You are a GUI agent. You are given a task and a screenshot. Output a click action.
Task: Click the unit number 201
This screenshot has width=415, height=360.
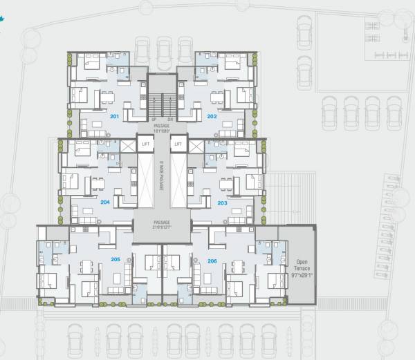pyautogui.click(x=114, y=117)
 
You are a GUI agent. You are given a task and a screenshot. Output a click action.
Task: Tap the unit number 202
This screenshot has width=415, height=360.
pyautogui.click(x=212, y=117)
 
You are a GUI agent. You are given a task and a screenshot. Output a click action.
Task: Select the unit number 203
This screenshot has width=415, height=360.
pyautogui.click(x=222, y=203)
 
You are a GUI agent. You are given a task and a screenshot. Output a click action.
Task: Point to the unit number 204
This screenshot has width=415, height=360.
pyautogui.click(x=104, y=203)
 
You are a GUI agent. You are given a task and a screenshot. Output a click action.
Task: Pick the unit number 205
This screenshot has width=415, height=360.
pyautogui.click(x=115, y=259)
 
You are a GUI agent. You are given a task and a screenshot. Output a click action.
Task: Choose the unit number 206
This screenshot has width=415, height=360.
pyautogui.click(x=212, y=260)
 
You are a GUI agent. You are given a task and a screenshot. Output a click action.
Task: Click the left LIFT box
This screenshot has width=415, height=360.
pyautogui.click(x=145, y=145)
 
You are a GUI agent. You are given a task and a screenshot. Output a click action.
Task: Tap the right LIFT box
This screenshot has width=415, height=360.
pyautogui.click(x=178, y=145)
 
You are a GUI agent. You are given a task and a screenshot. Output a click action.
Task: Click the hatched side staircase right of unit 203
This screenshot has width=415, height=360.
pyautogui.click(x=282, y=197)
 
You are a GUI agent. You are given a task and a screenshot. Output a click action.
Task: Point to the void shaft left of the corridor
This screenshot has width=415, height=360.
pyautogui.click(x=145, y=181)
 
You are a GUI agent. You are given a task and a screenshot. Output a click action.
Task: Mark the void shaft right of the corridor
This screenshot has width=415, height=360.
pyautogui.click(x=178, y=181)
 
